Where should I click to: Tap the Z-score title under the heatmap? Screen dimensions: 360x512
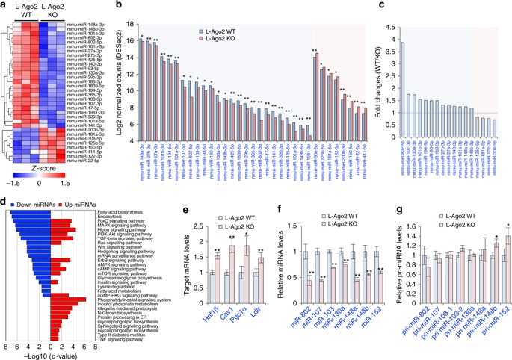(x=44, y=167)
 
